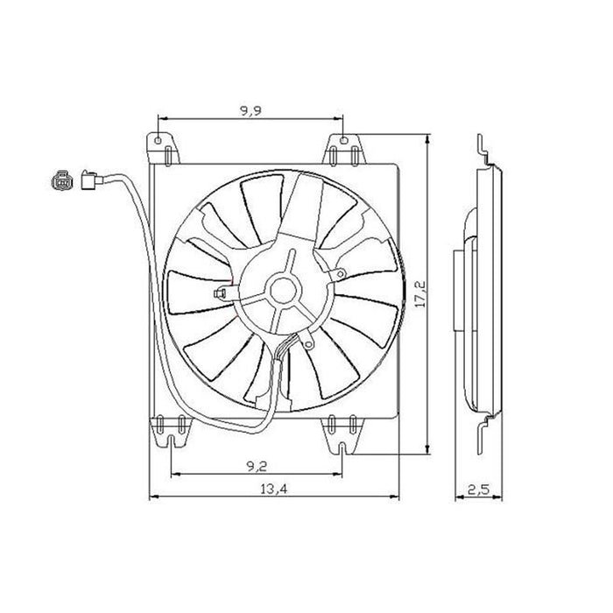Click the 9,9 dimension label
pos(250,110)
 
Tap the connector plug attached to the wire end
pos(88,180)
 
